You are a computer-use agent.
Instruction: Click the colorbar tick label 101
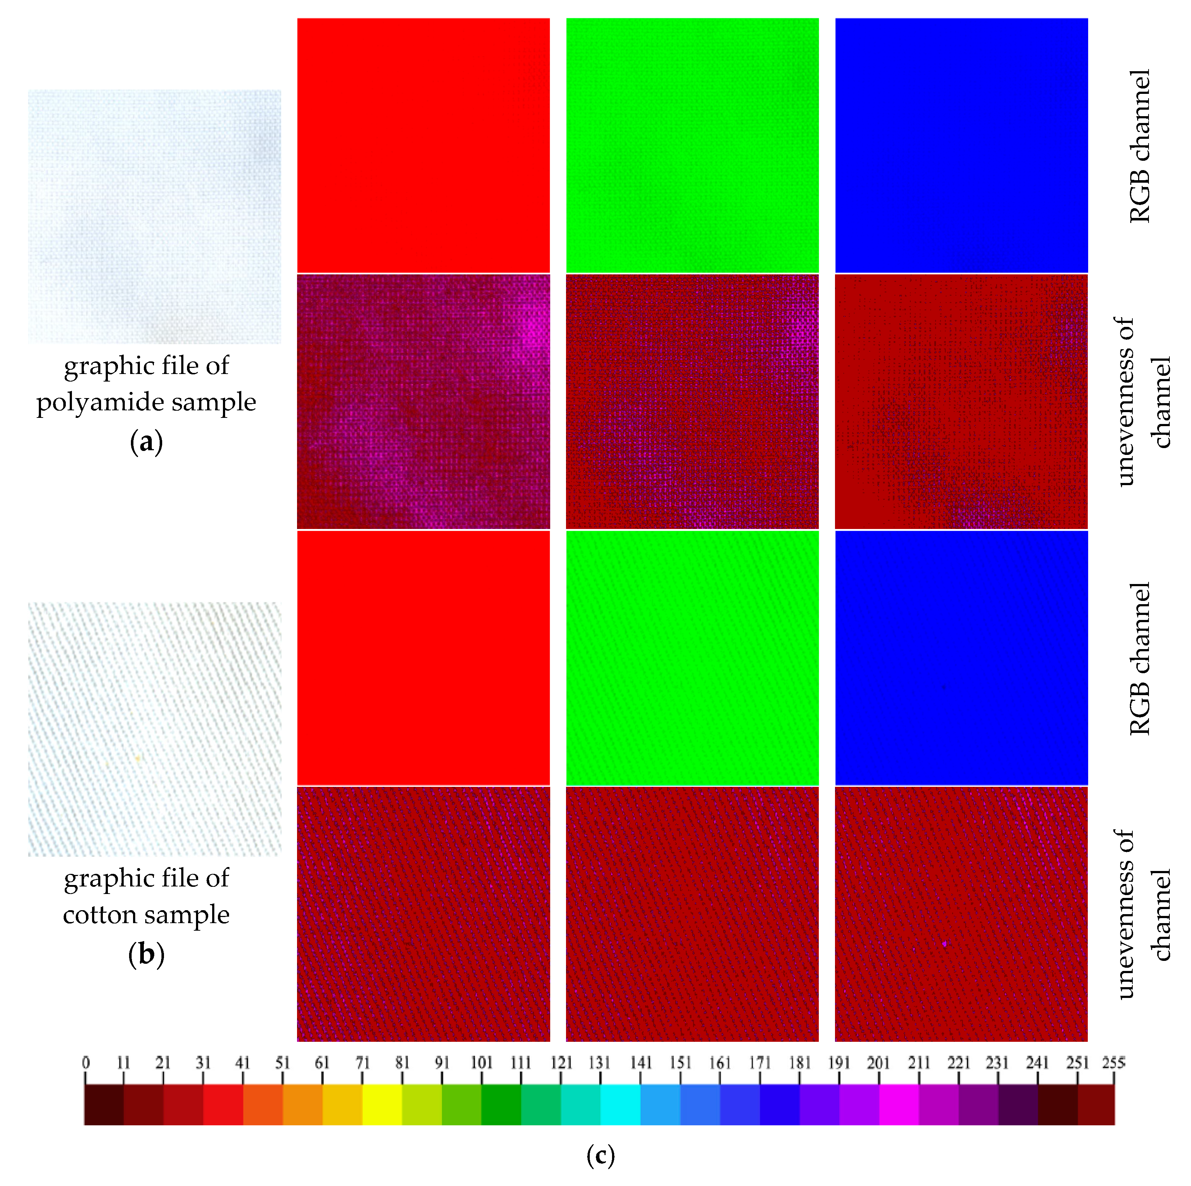(482, 1062)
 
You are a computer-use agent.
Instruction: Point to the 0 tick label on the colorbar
(86, 1062)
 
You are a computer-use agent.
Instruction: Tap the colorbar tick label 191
(838, 1062)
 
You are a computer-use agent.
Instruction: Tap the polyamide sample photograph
(154, 216)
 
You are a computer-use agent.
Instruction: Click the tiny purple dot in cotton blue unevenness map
(944, 943)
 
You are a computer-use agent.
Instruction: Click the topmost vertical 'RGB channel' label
(1139, 146)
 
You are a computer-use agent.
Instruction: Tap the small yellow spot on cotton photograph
(138, 758)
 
